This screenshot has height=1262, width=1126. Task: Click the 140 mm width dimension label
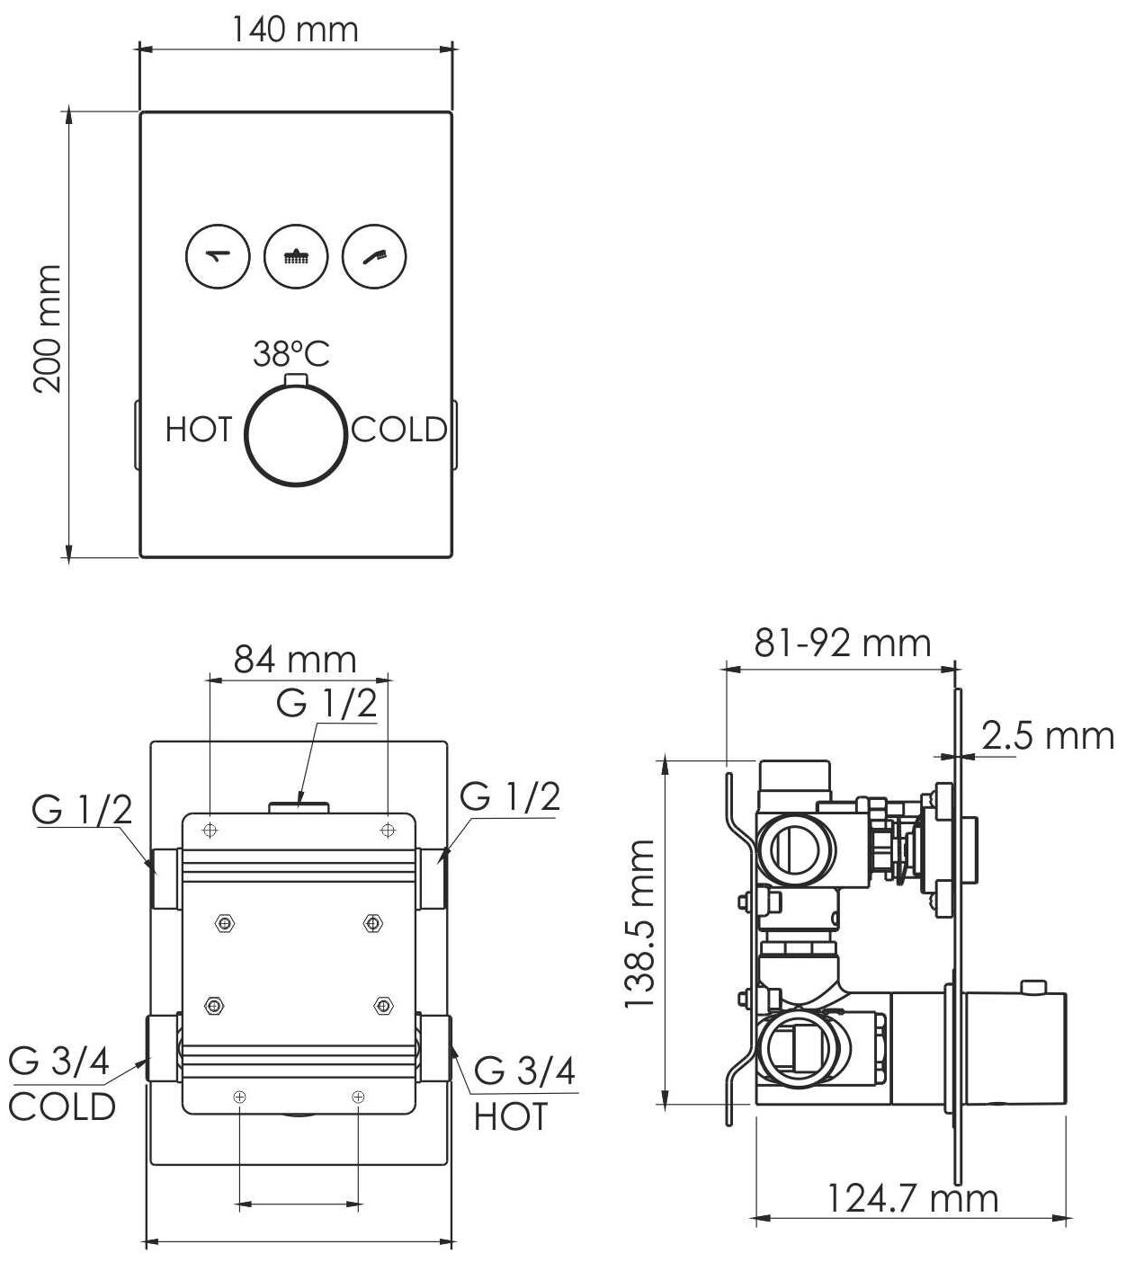295,29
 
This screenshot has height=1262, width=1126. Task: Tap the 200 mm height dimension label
48,329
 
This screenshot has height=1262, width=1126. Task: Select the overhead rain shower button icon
296,256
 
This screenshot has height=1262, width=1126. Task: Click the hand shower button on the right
374,256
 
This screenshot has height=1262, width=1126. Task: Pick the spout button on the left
219,256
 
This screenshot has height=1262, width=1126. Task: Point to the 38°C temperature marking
291,354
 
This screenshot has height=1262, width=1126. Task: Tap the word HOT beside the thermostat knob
199,430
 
